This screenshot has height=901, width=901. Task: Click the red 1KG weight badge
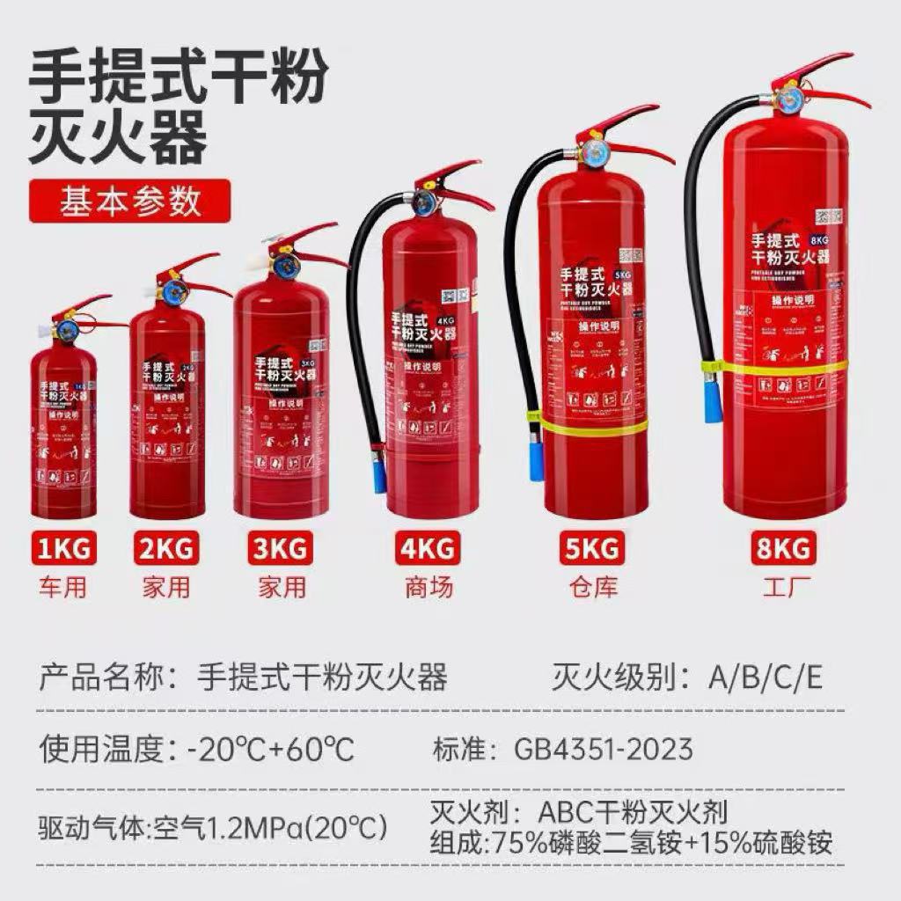coord(63,551)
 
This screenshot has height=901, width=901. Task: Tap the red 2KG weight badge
coord(166,551)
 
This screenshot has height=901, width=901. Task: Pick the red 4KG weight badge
coord(429,551)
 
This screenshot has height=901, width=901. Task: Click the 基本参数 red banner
coord(129,201)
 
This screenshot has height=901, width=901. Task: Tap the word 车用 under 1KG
coord(63,587)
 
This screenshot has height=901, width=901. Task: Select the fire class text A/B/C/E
coord(765,678)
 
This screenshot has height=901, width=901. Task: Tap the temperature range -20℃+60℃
coord(270,751)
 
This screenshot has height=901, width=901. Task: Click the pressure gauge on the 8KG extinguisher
coord(788,99)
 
